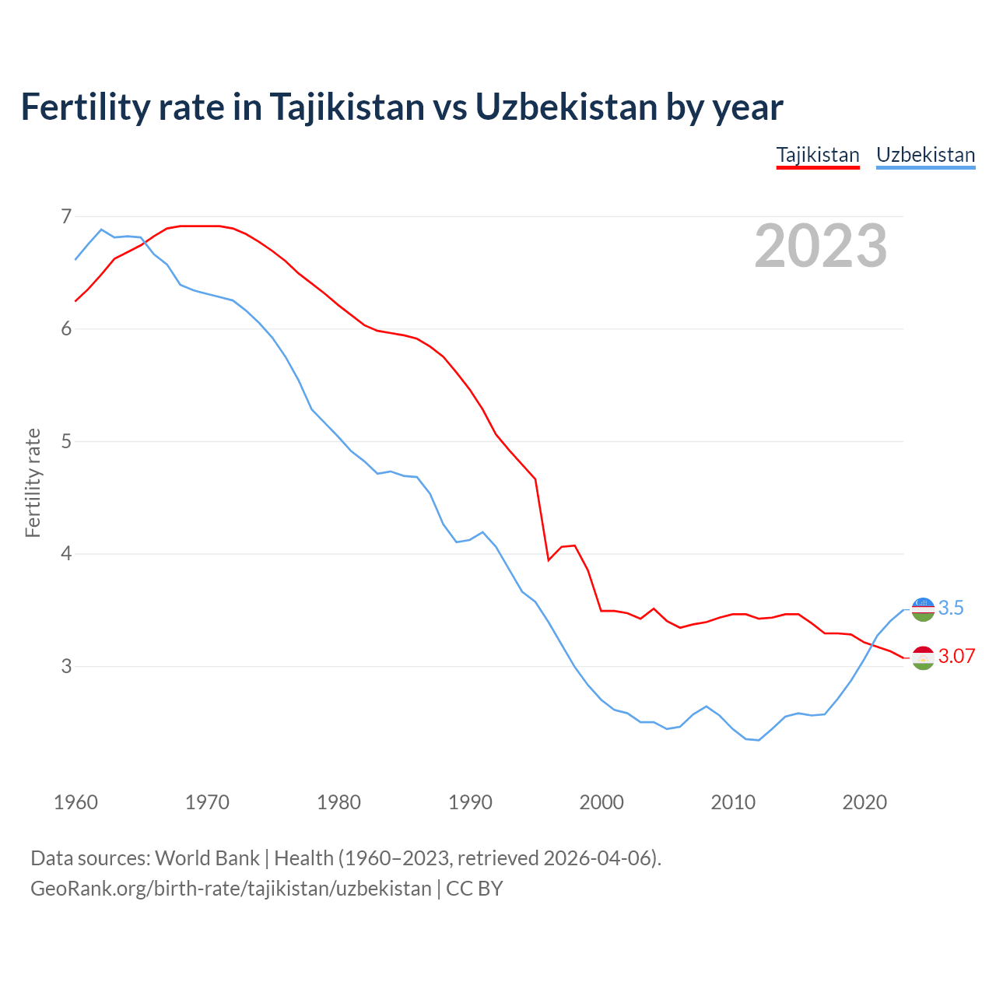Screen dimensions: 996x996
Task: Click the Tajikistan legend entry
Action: coord(818,155)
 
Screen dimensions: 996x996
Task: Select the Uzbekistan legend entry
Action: coord(925,155)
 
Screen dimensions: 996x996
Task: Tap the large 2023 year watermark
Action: coord(820,246)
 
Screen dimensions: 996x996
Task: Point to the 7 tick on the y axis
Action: coord(66,216)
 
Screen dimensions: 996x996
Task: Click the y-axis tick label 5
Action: coord(66,441)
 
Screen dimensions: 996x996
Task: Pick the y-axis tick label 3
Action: coord(66,666)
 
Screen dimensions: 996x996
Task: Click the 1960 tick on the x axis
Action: coord(75,801)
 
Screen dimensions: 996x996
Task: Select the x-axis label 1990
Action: coord(470,801)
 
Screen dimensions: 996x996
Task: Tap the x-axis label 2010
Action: coord(733,801)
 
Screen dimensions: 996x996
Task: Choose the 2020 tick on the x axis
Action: coord(864,801)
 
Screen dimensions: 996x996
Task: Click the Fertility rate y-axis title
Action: coord(33,482)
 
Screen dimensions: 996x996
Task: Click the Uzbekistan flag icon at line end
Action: coord(923,609)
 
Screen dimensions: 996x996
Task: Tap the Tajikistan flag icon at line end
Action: coord(923,658)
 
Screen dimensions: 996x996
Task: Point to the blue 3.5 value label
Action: coord(951,608)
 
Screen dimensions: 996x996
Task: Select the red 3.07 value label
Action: coord(956,656)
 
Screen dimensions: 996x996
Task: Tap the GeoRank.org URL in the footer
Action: coord(230,888)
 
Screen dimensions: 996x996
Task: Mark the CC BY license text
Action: coord(475,888)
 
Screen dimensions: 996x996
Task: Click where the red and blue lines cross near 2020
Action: coord(872,645)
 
